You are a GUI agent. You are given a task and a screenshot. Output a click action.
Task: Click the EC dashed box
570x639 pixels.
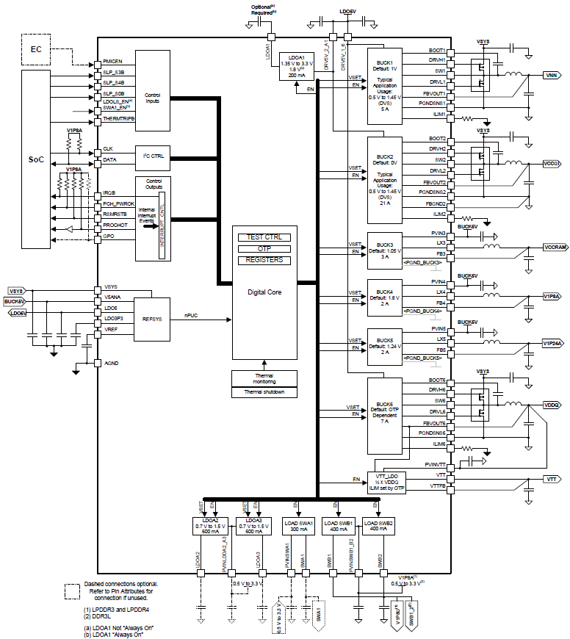37,49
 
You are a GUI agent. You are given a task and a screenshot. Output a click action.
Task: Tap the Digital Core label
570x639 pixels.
264,292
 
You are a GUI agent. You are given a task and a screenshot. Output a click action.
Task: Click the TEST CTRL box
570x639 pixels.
264,237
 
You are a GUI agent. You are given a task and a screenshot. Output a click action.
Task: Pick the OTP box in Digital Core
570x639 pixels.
264,249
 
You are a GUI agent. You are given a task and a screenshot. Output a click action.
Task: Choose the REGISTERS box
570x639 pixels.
264,260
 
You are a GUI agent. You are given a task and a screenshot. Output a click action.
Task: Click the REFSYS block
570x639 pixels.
151,319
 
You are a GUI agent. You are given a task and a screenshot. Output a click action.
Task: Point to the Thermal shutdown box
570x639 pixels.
264,391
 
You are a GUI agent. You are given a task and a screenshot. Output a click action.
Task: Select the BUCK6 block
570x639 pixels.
384,416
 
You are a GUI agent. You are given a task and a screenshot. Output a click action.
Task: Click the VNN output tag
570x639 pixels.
553,76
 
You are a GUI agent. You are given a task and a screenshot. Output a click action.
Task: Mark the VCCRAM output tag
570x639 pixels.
555,248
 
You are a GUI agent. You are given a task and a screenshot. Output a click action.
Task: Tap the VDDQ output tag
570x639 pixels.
552,405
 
